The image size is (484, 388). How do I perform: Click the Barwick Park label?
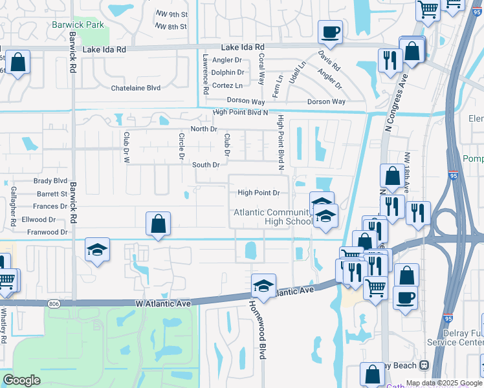78,25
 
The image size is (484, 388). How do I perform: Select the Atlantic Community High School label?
273,217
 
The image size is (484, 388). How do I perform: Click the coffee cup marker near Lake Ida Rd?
330,32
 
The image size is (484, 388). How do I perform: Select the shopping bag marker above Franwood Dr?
158,224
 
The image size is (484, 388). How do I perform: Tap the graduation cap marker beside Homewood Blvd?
263,285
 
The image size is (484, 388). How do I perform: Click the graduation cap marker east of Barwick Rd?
97,250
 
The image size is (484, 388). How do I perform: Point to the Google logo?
21,380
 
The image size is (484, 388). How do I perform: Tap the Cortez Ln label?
228,85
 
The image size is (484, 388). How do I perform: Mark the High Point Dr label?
258,192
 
